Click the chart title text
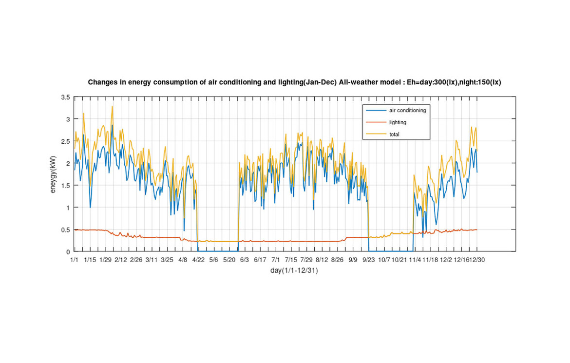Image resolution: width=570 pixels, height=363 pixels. pyautogui.click(x=294, y=82)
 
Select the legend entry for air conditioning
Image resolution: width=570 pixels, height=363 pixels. pyautogui.click(x=407, y=110)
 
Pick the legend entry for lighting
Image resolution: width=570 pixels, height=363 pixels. pyautogui.click(x=398, y=122)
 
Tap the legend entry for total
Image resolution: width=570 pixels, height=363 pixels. pyautogui.click(x=394, y=134)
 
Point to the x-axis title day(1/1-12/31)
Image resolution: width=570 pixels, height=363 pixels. pyautogui.click(x=294, y=271)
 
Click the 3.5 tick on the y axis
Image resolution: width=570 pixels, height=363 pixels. pyautogui.click(x=65, y=97)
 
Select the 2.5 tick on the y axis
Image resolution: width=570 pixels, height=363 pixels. pyautogui.click(x=65, y=141)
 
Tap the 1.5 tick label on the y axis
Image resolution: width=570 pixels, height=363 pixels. pyautogui.click(x=65, y=186)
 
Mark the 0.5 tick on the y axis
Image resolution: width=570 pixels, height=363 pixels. pyautogui.click(x=65, y=229)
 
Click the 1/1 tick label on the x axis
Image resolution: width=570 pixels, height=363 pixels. pyautogui.click(x=74, y=260)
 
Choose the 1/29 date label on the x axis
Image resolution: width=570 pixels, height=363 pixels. pyautogui.click(x=105, y=260)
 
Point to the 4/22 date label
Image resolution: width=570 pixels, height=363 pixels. pyautogui.click(x=198, y=260)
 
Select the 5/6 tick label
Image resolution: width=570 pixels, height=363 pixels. pyautogui.click(x=213, y=260)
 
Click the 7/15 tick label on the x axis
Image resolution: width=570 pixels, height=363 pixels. pyautogui.click(x=291, y=260)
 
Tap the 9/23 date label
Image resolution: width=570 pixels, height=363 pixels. pyautogui.click(x=368, y=260)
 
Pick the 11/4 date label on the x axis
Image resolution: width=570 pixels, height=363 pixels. pyautogui.click(x=415, y=260)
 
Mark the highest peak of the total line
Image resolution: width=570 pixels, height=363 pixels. pyautogui.click(x=113, y=106)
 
